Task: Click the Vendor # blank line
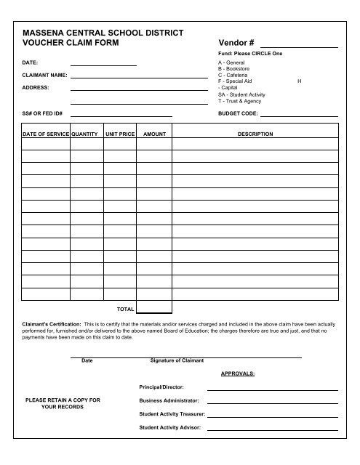click(299, 46)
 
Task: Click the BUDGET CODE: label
click(238, 114)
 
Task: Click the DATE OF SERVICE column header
click(45, 134)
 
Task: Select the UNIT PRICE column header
click(120, 134)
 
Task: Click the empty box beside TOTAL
click(154, 307)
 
